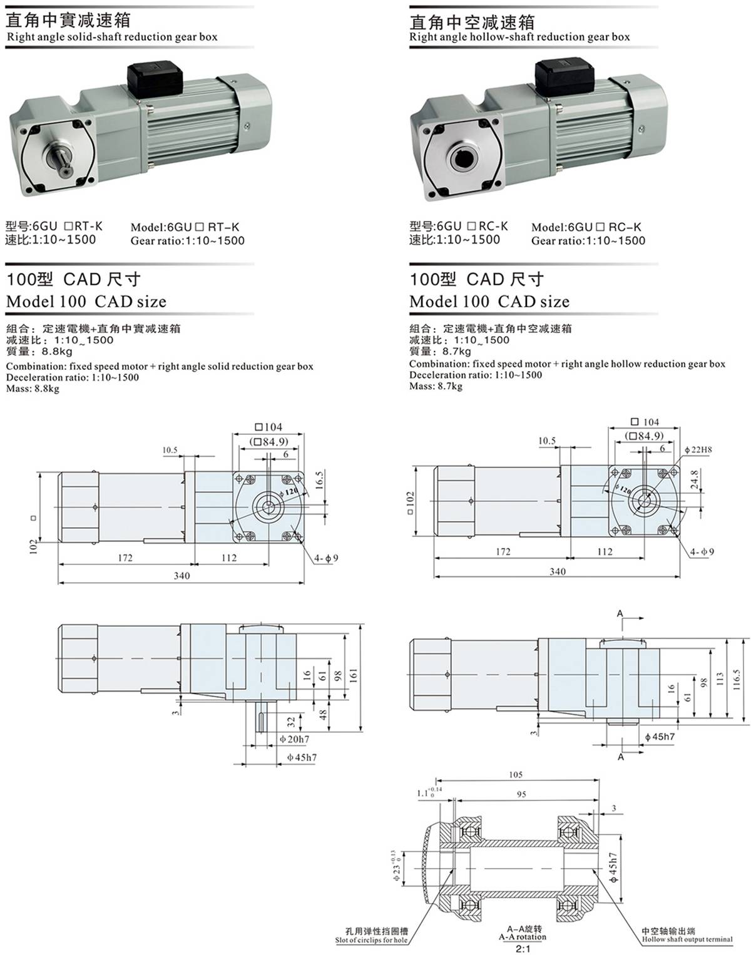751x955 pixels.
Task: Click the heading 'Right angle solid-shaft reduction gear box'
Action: [x=112, y=36]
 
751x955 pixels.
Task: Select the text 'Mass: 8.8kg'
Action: [x=33, y=389]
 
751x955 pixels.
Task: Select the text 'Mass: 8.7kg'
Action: [x=436, y=386]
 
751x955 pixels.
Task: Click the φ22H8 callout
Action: [x=698, y=449]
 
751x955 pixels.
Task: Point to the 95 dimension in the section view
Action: [x=521, y=794]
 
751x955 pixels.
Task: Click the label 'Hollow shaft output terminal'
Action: [x=687, y=939]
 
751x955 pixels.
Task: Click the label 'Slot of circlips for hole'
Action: [x=371, y=940]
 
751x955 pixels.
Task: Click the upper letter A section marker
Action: [x=620, y=613]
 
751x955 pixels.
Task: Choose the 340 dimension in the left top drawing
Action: [x=181, y=576]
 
